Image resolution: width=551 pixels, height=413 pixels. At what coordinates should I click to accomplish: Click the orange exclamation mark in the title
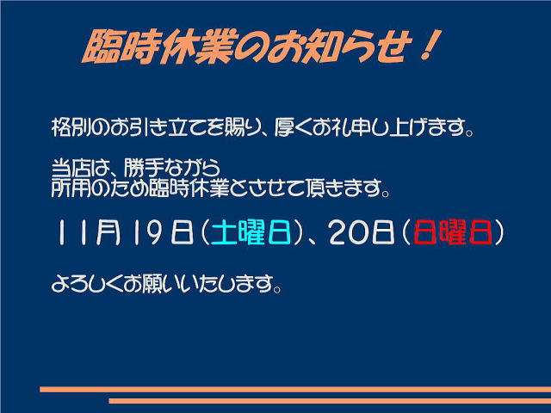(x=430, y=45)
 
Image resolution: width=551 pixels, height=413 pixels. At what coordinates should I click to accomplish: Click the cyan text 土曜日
(x=251, y=232)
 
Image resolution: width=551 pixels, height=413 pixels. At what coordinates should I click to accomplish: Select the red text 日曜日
(x=453, y=232)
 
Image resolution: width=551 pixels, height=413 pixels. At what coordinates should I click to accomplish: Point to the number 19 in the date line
(x=147, y=232)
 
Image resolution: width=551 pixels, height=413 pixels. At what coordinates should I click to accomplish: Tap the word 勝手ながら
(x=172, y=169)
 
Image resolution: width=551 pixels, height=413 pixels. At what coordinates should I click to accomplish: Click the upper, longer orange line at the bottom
(x=295, y=389)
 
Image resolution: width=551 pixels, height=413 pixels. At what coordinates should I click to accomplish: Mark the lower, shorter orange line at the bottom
(x=330, y=401)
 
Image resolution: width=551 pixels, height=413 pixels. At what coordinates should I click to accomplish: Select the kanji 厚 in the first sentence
(x=284, y=127)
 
